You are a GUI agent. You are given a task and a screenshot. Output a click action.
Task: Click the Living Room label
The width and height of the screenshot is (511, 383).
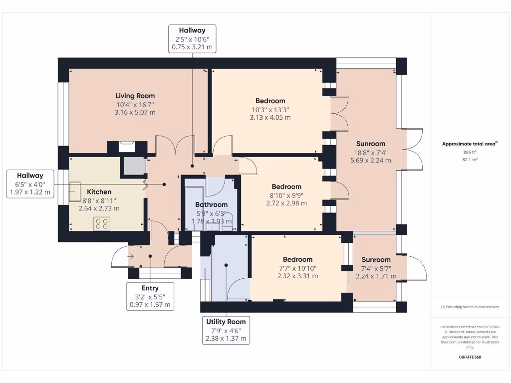pos(135,96)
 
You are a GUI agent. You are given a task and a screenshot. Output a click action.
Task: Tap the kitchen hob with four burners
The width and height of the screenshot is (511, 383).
pos(102,224)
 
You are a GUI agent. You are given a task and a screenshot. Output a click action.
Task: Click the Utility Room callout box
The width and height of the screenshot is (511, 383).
pos(226,330)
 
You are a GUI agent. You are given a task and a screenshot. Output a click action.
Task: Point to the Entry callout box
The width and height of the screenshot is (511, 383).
pos(150,296)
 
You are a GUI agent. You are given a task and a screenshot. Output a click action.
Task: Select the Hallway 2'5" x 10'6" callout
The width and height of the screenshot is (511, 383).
pos(192,39)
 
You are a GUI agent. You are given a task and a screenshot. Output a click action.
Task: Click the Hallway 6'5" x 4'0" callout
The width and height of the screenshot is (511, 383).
pos(30,184)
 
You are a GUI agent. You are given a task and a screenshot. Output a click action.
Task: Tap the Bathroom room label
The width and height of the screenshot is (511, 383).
pos(211,204)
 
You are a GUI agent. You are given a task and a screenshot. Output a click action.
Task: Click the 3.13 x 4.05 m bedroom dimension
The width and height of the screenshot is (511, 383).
pos(270,118)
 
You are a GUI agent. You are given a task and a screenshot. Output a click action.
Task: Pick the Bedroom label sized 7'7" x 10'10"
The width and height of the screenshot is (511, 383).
pos(297,259)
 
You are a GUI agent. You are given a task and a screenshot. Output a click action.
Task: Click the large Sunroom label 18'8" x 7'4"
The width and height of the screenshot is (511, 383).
pos(370,144)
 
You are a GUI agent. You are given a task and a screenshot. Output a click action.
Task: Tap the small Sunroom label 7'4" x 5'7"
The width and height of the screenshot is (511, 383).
pos(376,260)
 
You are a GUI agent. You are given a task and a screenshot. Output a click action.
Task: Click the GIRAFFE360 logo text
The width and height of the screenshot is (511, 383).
pos(470,357)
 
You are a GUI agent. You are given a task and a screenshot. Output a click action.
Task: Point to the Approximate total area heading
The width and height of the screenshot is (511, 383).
pos(469,144)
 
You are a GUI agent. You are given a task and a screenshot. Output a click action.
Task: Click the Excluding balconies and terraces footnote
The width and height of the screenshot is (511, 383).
pos(470,307)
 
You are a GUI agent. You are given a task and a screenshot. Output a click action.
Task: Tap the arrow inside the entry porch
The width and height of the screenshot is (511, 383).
pos(131,257)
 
